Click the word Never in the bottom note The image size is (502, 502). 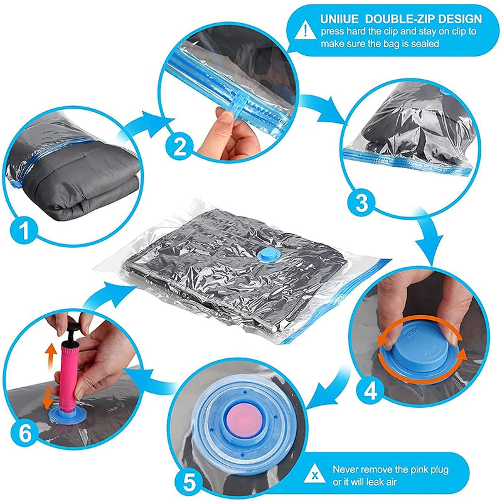pos(346,469)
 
